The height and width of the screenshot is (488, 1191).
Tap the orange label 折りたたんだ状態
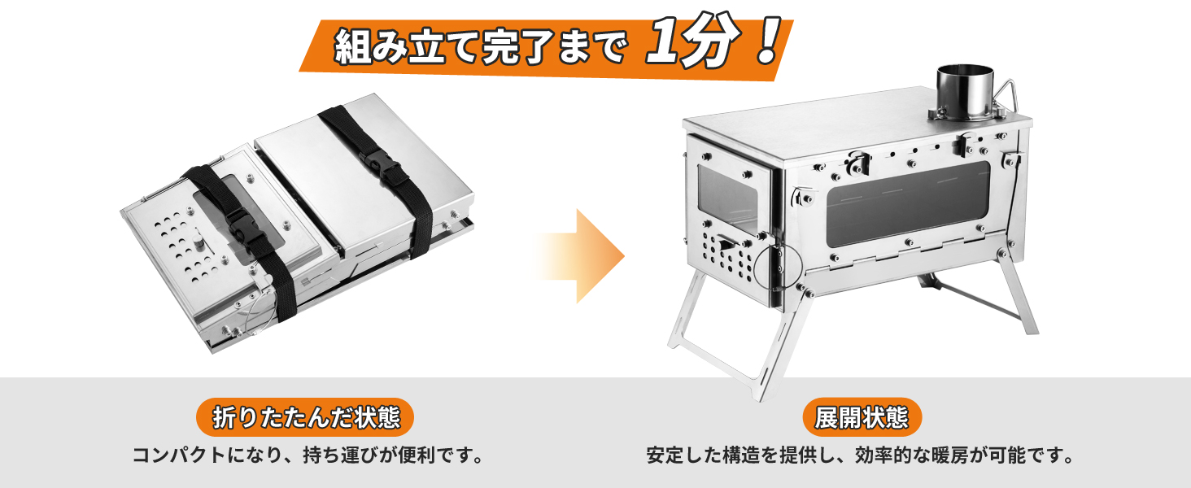(305, 418)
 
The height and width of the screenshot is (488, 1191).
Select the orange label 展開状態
(862, 418)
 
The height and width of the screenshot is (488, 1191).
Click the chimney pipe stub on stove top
(965, 92)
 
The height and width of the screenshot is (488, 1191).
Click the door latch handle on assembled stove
(726, 245)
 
